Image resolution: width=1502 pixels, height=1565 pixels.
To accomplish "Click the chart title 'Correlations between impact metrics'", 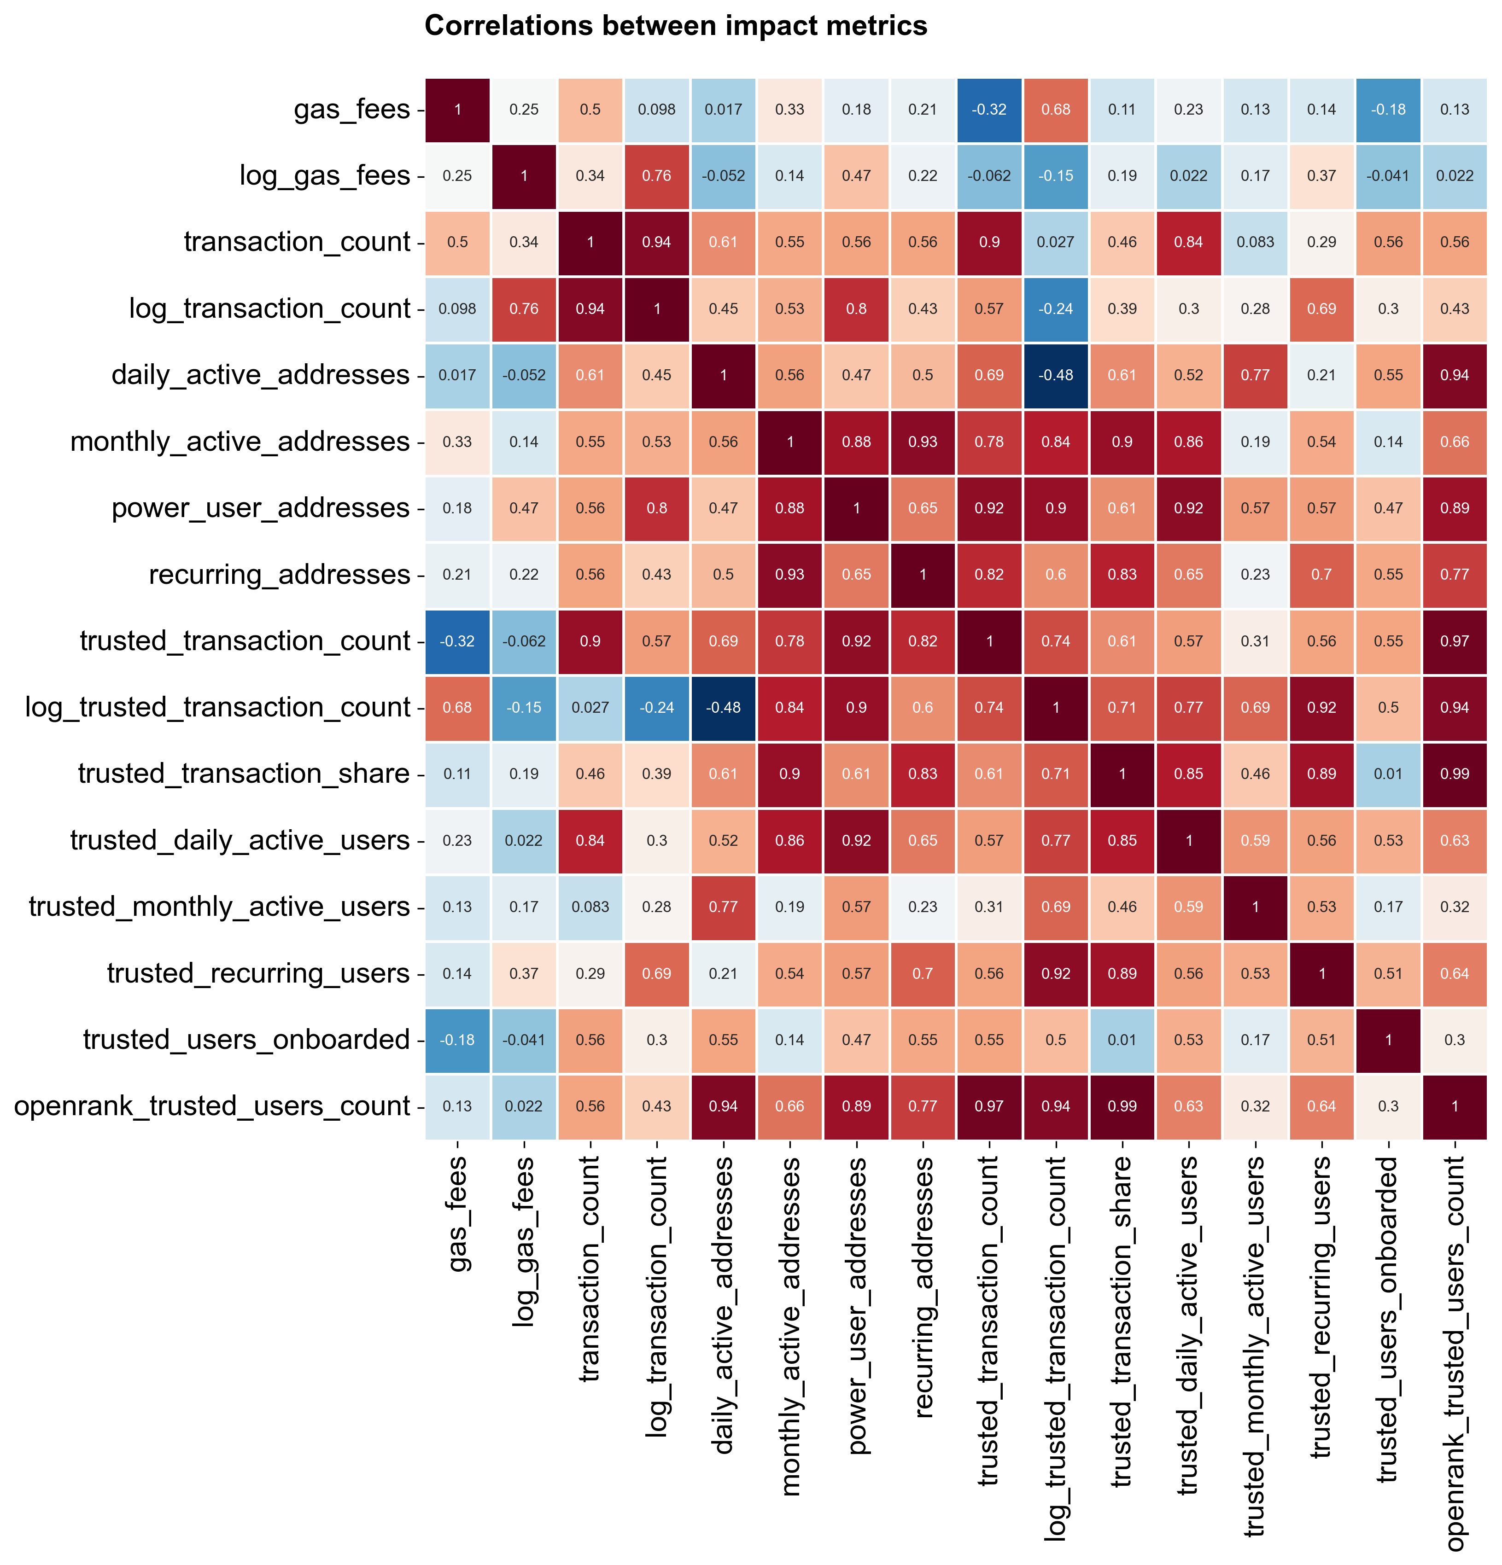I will coord(675,26).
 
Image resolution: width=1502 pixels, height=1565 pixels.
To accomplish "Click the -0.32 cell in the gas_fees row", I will coord(989,110).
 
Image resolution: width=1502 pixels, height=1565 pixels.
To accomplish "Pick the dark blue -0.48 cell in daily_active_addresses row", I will coord(1055,375).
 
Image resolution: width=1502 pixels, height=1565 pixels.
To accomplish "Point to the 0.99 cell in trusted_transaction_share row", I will coord(1454,774).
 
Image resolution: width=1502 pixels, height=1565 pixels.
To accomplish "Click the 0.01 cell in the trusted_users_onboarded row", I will coord(1122,1040).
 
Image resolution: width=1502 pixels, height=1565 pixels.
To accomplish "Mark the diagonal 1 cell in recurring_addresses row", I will coord(923,575).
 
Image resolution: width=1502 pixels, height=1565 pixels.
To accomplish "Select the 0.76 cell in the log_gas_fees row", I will coord(657,176).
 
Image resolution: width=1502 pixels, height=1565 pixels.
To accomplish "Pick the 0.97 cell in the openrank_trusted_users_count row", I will coord(989,1106).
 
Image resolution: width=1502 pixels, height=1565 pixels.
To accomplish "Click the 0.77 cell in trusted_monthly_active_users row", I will coord(723,907).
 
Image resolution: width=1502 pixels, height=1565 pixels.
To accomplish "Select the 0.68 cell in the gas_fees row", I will coord(1055,110).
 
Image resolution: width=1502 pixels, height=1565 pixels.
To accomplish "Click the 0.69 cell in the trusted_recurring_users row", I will coord(657,973).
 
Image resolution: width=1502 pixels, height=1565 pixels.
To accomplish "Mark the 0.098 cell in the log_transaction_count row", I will coord(457,309).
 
